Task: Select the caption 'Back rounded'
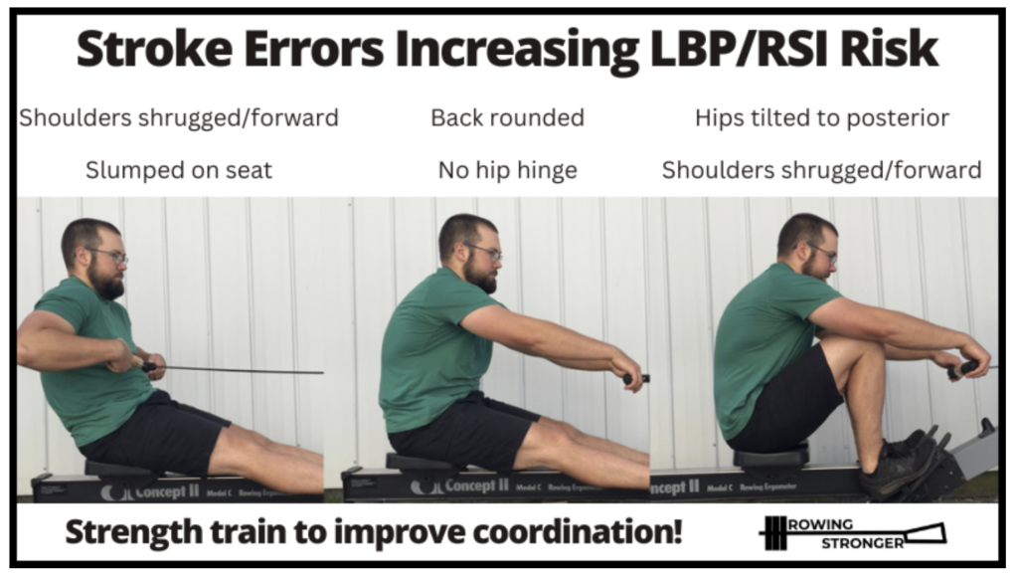(508, 117)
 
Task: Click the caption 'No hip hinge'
(508, 170)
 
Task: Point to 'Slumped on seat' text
(179, 170)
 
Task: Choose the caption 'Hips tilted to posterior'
(822, 117)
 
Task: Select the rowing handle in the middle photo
(635, 378)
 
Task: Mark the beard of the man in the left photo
(106, 281)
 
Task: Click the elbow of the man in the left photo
(26, 351)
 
